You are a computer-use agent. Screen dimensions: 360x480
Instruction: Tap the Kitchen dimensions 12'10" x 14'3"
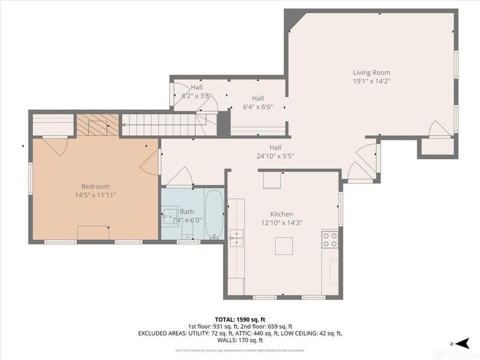click(281, 223)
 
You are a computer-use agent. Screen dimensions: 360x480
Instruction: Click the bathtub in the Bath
click(214, 214)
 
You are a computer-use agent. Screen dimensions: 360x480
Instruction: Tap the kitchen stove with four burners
click(329, 239)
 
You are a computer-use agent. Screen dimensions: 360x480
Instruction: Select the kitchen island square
click(284, 246)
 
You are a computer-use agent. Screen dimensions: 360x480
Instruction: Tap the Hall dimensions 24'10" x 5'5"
click(275, 156)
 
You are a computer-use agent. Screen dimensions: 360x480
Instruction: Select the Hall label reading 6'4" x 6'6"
click(258, 107)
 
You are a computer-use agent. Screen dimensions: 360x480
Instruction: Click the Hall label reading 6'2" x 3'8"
click(197, 95)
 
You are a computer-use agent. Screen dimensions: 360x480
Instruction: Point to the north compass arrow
click(461, 343)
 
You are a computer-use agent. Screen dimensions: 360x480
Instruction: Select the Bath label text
click(187, 211)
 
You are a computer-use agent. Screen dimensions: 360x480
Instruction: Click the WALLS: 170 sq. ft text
click(240, 340)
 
